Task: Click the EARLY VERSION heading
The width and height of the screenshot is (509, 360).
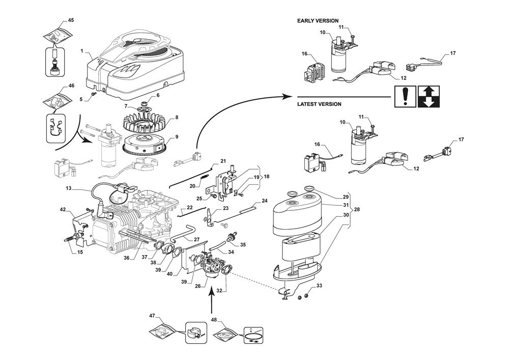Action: pyautogui.click(x=318, y=21)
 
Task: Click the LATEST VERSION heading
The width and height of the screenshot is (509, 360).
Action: pyautogui.click(x=319, y=104)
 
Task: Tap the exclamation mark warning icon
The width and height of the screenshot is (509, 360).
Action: pyautogui.click(x=405, y=97)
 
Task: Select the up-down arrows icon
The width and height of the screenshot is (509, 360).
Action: pyautogui.click(x=428, y=97)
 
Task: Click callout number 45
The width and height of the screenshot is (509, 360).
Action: pyautogui.click(x=71, y=20)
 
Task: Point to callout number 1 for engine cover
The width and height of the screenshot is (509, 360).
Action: pyautogui.click(x=82, y=51)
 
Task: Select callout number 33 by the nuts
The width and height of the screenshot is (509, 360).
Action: pyautogui.click(x=319, y=286)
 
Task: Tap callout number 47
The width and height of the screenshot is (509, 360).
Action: pyautogui.click(x=152, y=316)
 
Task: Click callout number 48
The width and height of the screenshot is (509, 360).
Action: pyautogui.click(x=213, y=320)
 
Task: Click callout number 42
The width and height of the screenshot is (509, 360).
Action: pyautogui.click(x=63, y=209)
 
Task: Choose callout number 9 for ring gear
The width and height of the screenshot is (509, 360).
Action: pyautogui.click(x=176, y=137)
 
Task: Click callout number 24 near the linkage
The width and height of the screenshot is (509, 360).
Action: pyautogui.click(x=265, y=201)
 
